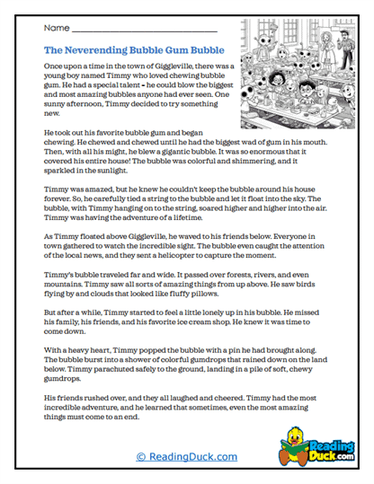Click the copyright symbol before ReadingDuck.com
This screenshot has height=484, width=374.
pos(140,457)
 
